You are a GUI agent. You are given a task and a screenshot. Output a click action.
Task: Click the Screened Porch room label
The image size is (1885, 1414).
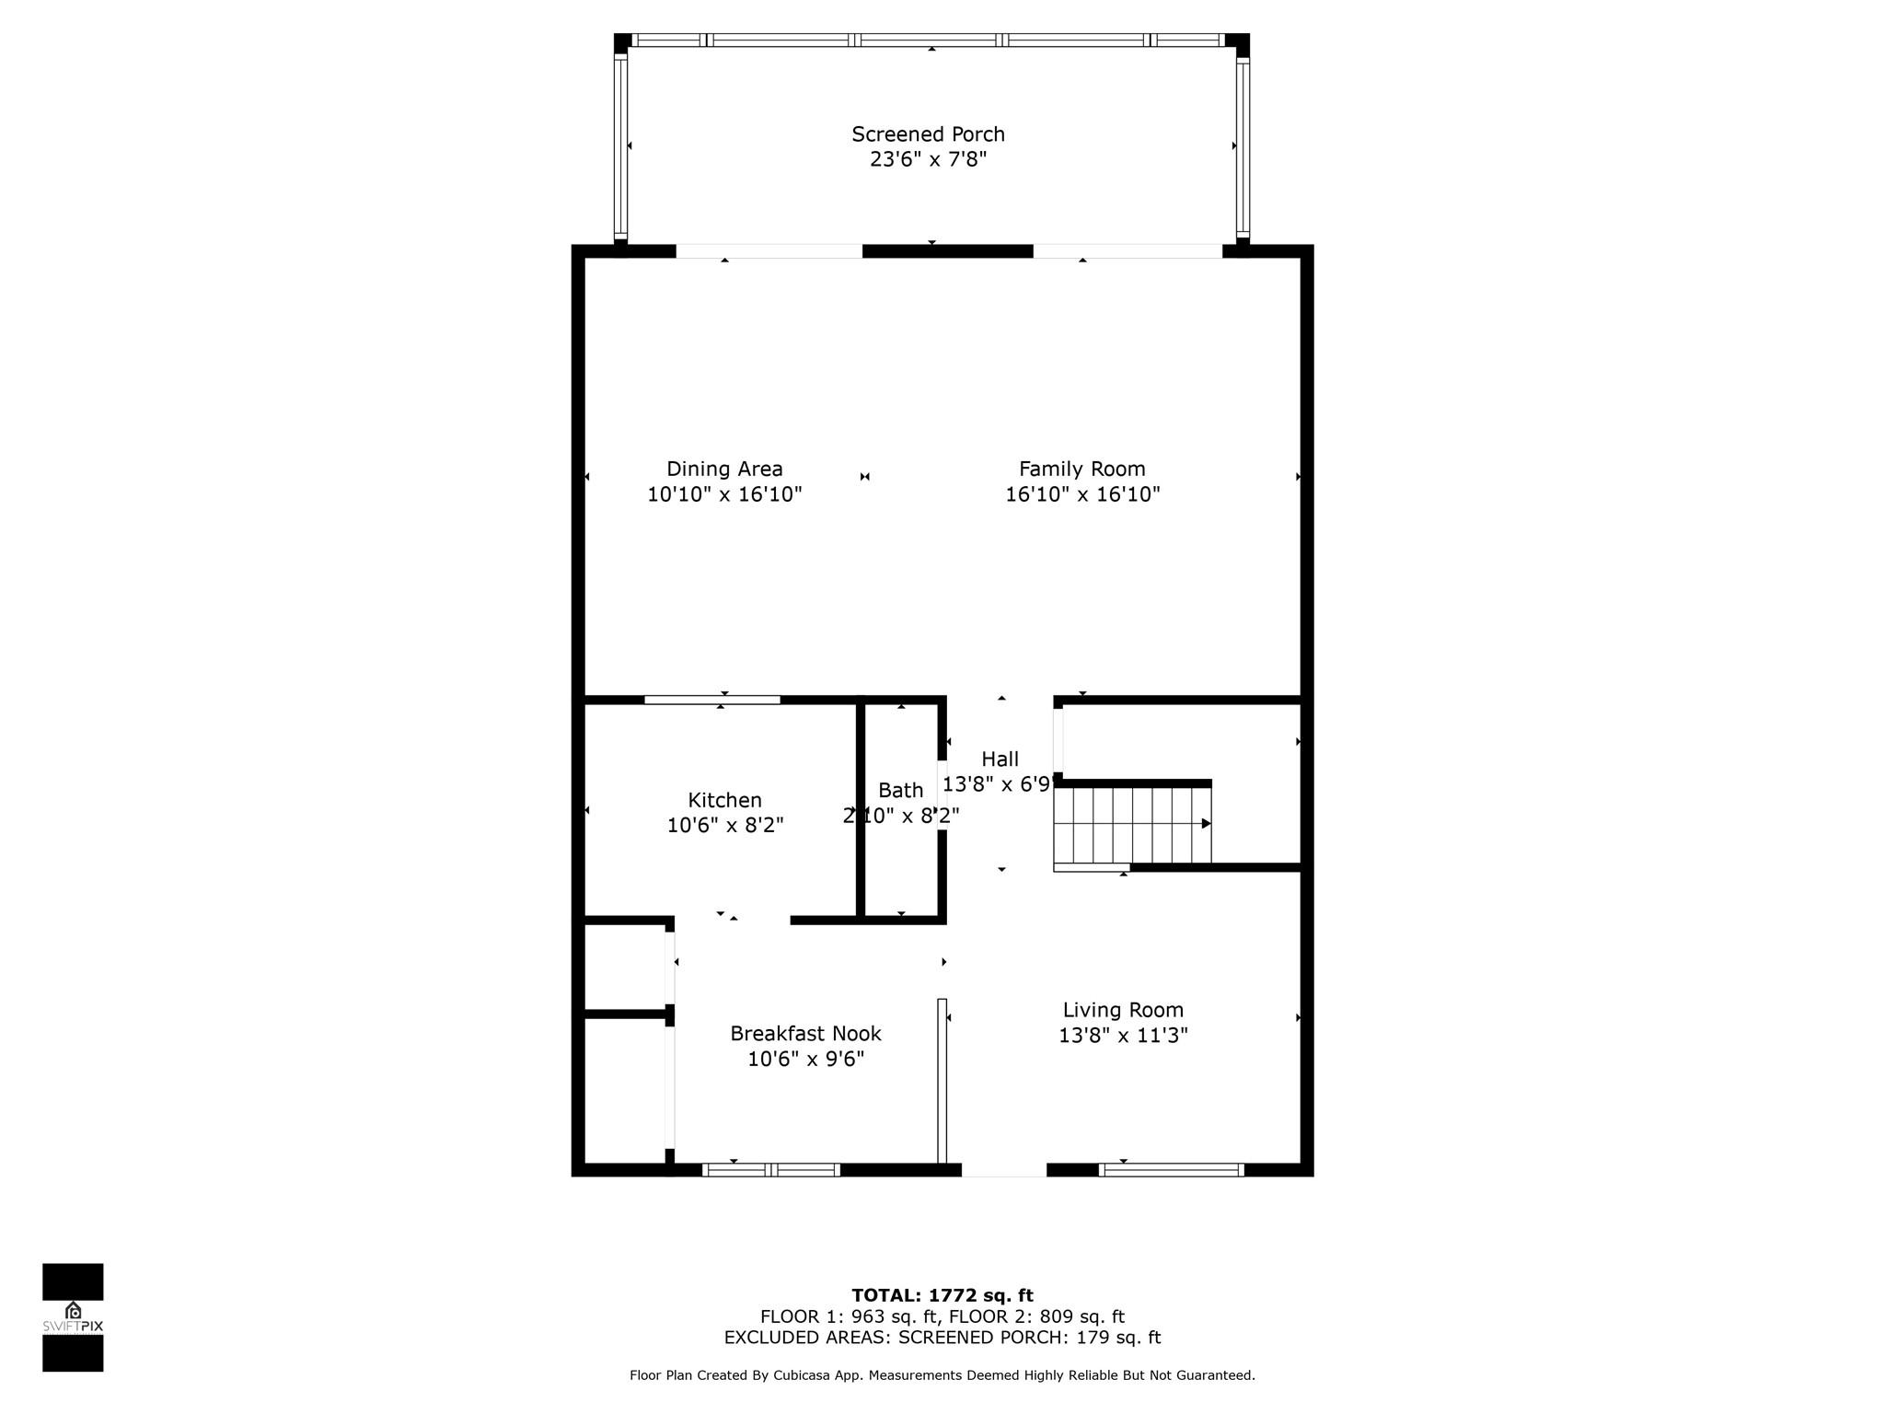pos(928,134)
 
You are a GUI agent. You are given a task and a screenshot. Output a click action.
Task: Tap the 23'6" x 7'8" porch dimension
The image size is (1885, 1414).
pos(928,159)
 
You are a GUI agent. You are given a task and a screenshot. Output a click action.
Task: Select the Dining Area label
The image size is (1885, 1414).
pos(724,469)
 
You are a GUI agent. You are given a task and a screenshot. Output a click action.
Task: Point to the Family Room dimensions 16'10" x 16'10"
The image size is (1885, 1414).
pos(1082,494)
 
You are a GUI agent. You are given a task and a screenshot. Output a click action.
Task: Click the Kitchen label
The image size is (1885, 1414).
pos(724,800)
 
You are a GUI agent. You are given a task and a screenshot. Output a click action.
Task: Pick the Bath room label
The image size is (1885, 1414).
pos(900,790)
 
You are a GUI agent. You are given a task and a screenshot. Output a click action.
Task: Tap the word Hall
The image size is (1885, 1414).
pos(1000,759)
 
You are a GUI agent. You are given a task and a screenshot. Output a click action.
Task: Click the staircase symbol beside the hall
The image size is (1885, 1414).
pos(1133,824)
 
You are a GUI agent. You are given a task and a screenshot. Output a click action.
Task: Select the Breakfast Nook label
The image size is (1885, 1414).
pos(805,1034)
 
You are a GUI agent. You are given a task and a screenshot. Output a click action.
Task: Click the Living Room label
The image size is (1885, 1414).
pos(1123,1010)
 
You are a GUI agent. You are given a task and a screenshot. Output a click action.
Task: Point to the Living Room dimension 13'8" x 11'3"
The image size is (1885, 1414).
pos(1123,1036)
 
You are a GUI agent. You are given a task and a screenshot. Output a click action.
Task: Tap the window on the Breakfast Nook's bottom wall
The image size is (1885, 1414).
pos(771,1170)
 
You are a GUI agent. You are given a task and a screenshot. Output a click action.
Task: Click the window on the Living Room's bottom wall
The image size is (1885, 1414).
pos(1172,1170)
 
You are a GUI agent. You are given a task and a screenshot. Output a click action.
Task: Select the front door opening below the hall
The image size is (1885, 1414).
pos(1004,1170)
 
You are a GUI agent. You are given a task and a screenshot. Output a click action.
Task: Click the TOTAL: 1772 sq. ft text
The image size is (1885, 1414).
pos(942,1295)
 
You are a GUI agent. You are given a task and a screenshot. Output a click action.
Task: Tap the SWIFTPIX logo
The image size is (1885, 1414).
pos(73,1317)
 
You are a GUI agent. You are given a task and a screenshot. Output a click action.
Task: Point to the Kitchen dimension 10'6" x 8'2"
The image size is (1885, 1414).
pos(724,826)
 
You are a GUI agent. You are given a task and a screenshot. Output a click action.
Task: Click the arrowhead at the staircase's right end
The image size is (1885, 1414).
pos(1207,824)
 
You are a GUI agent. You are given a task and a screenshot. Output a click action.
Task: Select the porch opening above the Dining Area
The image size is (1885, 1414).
pos(769,251)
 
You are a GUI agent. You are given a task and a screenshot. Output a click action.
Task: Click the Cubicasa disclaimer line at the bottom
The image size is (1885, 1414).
pos(942,1375)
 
